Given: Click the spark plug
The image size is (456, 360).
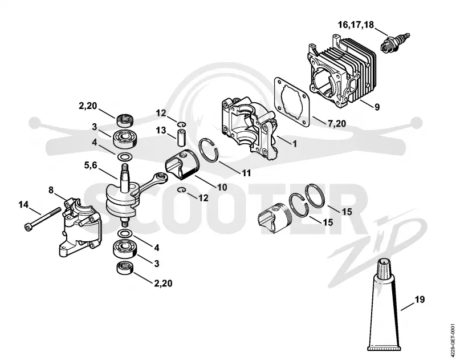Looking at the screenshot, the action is [395, 43].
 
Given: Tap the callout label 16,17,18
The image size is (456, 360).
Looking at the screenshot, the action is [356, 25].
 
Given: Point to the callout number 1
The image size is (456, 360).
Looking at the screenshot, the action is [295, 144].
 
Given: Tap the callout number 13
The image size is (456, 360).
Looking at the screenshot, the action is [161, 131].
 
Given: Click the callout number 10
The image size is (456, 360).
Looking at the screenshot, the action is [222, 187].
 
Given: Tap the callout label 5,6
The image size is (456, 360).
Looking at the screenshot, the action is [91, 165].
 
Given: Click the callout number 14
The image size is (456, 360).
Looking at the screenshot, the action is [23, 205].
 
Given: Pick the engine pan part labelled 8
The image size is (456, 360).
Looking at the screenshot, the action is [80, 226].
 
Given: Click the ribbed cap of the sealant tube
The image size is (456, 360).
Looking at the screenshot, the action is [386, 268].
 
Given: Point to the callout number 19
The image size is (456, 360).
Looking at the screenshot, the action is [419, 300].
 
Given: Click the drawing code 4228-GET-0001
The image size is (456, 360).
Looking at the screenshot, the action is [452, 338].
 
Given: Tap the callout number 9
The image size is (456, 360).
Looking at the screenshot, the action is [377, 107].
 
